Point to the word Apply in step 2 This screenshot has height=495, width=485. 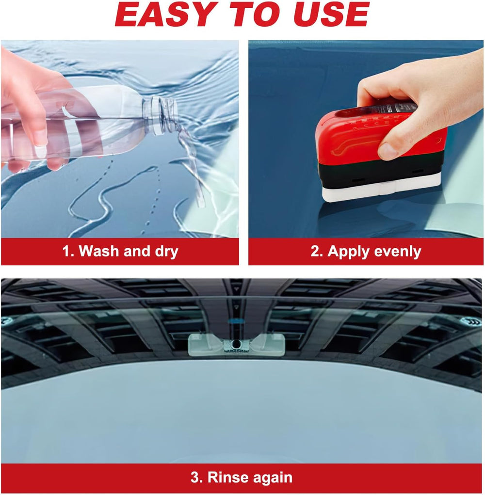pos(347,251)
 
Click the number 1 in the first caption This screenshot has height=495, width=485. pos(66,251)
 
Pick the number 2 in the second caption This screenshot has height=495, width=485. pos(315,251)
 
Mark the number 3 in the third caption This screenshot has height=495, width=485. pos(195,478)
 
